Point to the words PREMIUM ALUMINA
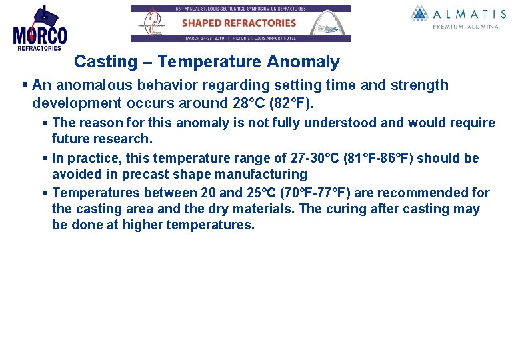point(465,27)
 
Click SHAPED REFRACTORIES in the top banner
point(239,23)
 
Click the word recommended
point(412,193)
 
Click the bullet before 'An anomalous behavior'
point(25,85)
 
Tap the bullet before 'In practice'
point(45,158)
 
